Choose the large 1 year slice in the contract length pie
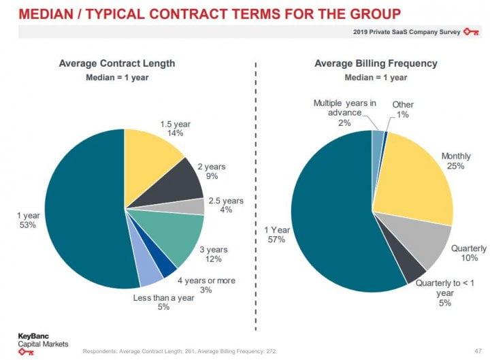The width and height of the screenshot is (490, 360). [x=82, y=211]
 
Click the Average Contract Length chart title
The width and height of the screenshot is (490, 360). [x=117, y=63]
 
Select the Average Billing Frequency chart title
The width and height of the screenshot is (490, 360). [x=376, y=63]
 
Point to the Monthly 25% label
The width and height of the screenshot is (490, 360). [x=455, y=161]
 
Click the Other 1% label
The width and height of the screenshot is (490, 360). [x=403, y=110]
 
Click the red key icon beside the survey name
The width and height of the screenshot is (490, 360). [x=471, y=31]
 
